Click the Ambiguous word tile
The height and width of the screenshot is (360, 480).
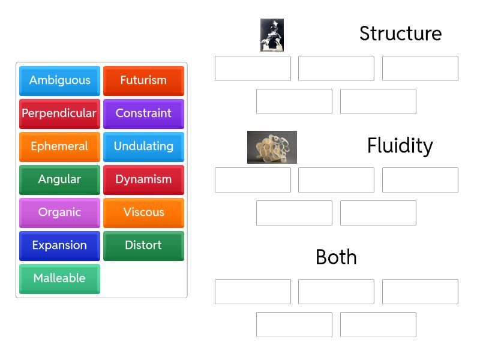(x=59, y=80)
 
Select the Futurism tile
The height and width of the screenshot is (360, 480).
(x=143, y=80)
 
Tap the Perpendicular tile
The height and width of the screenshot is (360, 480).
(x=59, y=113)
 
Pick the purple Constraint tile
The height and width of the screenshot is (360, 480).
(x=143, y=113)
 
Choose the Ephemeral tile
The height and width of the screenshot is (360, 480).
(x=59, y=146)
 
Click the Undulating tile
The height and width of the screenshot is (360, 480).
(x=143, y=146)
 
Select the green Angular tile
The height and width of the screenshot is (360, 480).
(x=59, y=179)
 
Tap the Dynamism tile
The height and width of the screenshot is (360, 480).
(x=143, y=179)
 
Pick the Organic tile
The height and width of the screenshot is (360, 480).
(x=59, y=212)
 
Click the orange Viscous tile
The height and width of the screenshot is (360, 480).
(x=143, y=212)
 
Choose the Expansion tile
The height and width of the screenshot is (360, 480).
(x=59, y=245)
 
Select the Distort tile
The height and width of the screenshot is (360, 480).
(x=143, y=245)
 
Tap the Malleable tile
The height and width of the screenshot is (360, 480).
(x=59, y=278)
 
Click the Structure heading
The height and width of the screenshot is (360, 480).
(x=400, y=34)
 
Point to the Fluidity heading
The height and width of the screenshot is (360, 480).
(x=400, y=146)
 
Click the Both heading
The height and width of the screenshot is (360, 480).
(x=336, y=257)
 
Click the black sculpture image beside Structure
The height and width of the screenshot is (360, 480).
(x=272, y=35)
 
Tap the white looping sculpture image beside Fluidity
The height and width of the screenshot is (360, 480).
(x=272, y=147)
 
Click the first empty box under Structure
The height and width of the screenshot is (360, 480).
(x=253, y=68)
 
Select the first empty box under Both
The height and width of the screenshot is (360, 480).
(x=253, y=292)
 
